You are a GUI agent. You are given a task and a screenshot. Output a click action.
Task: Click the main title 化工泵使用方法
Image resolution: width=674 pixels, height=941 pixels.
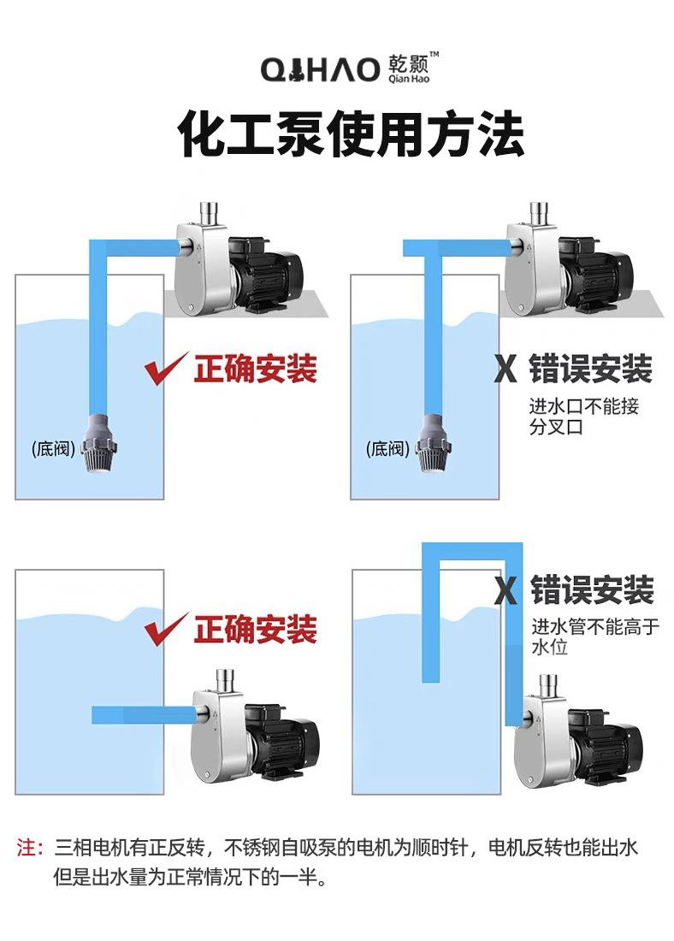351,134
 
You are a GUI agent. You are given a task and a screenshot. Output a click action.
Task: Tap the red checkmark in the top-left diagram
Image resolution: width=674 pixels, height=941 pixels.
165,369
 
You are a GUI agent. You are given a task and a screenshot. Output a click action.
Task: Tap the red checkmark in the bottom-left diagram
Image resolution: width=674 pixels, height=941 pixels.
165,629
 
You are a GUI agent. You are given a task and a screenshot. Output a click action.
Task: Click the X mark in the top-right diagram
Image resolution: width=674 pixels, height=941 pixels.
506,370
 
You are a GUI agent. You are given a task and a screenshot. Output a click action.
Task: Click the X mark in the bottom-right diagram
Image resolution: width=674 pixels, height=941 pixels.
506,591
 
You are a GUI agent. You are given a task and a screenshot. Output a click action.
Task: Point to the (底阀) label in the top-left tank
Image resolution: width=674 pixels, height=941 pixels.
54,449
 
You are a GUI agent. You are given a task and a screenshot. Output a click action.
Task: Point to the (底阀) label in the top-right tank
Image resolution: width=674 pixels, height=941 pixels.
387,449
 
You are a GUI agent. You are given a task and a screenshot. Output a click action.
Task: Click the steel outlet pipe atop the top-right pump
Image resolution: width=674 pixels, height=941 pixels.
540,213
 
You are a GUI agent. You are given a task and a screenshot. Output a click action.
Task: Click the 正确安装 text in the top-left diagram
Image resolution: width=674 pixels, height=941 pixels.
255,369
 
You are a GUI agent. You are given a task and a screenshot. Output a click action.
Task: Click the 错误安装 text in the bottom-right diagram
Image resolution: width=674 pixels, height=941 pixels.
592,590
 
